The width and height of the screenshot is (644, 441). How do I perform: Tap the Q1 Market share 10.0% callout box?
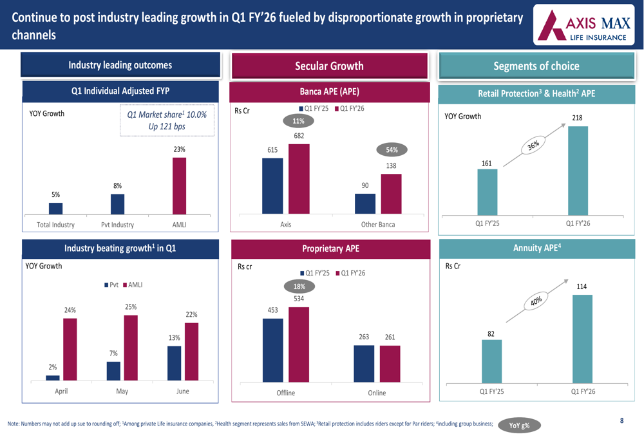click(167, 120)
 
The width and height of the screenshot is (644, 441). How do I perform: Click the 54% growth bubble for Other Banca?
click(392, 150)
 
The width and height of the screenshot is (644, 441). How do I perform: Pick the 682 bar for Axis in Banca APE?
click(299, 178)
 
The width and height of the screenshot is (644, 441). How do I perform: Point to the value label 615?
click(272, 150)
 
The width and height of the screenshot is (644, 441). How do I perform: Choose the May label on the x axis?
click(122, 391)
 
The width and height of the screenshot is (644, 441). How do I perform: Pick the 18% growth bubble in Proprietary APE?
click(299, 286)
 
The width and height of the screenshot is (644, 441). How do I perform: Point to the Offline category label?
click(285, 393)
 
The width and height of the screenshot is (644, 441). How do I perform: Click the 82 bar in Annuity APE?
click(491, 362)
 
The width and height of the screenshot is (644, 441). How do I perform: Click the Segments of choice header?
click(536, 66)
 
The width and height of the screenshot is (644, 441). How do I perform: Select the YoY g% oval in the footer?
click(519, 426)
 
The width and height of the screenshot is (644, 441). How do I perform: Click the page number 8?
click(621, 420)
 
